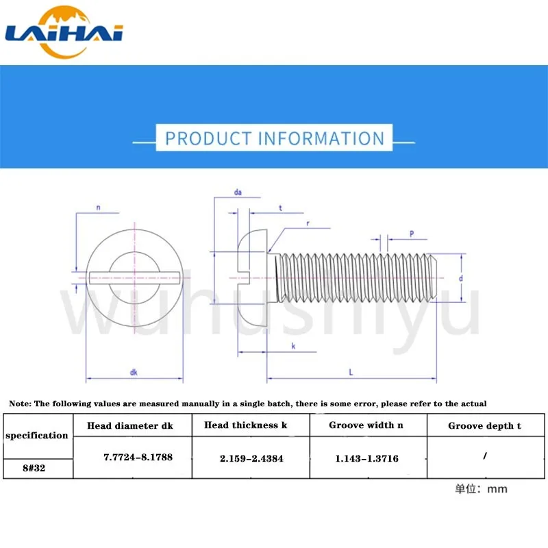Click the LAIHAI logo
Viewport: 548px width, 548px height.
[64, 32]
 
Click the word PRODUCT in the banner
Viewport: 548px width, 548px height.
[209, 138]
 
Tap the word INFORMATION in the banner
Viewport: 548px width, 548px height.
[321, 138]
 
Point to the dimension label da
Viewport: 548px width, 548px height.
[238, 192]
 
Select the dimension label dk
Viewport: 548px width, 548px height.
[134, 373]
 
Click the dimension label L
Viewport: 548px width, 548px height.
[351, 372]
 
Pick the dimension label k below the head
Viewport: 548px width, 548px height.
[293, 346]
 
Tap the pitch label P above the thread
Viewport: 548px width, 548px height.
[412, 234]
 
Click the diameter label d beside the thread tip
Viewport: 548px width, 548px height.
[460, 278]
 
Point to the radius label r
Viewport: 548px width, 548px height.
[308, 224]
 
